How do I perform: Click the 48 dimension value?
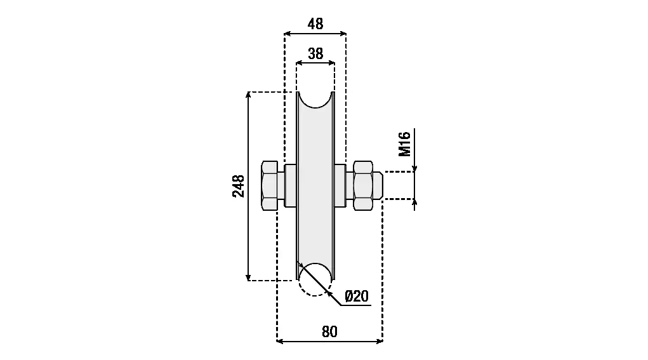point(315,24)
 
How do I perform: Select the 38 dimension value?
point(315,54)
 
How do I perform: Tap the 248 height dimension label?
point(239,186)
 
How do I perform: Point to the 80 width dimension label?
point(329,331)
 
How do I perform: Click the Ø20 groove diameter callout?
point(356,297)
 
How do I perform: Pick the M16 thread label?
point(404,144)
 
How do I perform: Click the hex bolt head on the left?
point(270,185)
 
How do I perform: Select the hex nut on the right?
point(363,185)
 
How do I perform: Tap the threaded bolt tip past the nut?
point(378,185)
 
